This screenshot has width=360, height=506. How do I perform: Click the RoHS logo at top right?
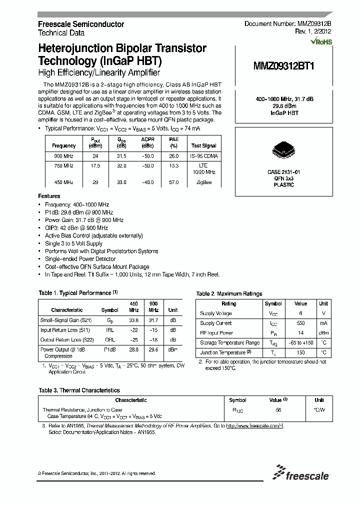pos(321,42)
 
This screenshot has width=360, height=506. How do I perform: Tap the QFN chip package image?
pos(283,149)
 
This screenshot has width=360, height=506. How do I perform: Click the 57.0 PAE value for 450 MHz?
pos(173,182)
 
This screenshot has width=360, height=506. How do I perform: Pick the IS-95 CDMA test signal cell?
pos(204,156)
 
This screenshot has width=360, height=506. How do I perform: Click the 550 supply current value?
pos(300,323)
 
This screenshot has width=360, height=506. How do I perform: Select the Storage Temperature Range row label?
pos(229,342)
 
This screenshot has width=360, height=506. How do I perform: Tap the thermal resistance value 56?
pos(278,409)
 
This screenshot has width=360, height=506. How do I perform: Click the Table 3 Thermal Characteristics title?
pos(79,390)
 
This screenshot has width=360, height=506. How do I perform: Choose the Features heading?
pos(49,196)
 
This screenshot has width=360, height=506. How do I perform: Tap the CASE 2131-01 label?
pos(283,171)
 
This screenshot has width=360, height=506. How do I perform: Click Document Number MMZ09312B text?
pos(287,24)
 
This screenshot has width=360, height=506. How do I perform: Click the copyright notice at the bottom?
pos(97,473)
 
